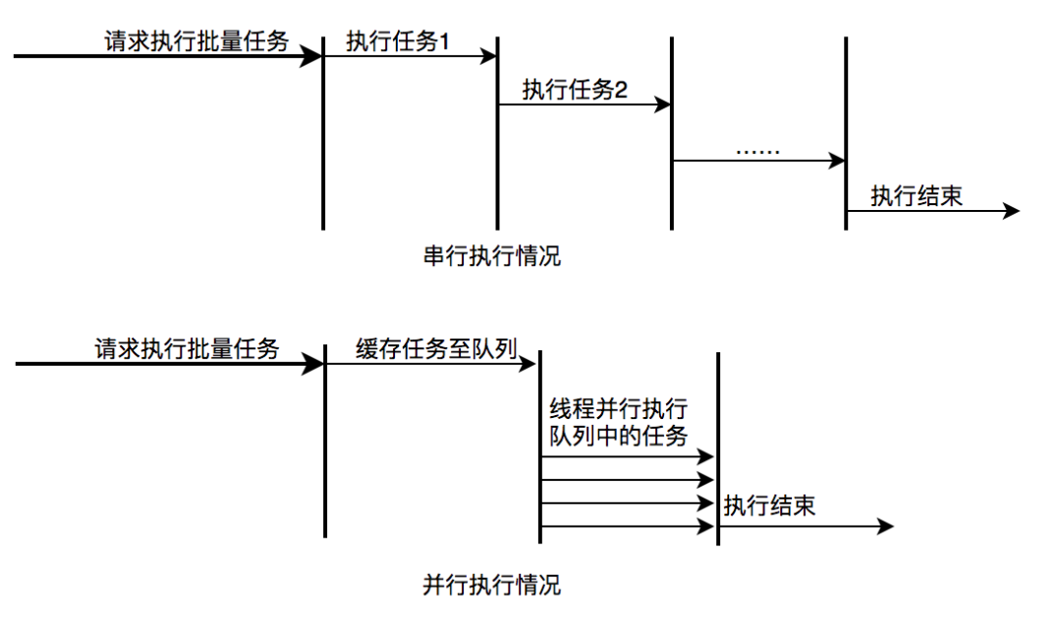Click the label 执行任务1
point(398,41)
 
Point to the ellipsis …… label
point(756,150)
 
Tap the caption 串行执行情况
point(491,257)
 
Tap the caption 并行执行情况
point(491,586)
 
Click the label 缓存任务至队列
point(436,349)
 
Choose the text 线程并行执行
point(618,410)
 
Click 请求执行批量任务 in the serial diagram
point(197,41)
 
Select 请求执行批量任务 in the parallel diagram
point(188,348)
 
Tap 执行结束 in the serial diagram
point(917,195)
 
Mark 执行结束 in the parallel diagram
point(769,506)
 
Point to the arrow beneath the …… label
point(757,160)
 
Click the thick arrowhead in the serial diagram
point(311,57)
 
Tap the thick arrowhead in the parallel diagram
point(313,364)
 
